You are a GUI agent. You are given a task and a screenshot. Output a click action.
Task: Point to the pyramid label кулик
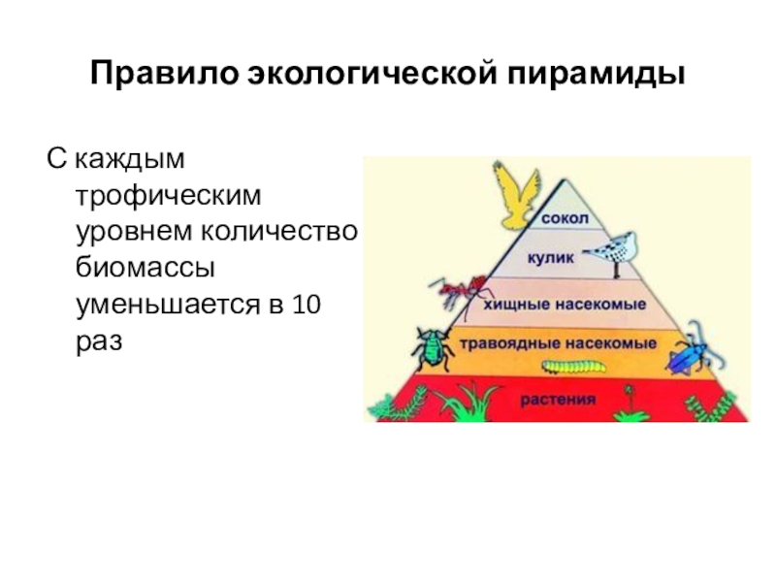tap(551, 258)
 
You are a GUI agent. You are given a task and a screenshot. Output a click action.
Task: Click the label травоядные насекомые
tap(554, 343)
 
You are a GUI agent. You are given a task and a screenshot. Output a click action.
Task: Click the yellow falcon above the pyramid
tap(515, 195)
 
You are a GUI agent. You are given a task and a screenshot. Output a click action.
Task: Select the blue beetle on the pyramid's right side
tap(688, 357)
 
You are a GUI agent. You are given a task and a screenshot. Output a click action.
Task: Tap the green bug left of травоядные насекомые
tap(430, 346)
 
